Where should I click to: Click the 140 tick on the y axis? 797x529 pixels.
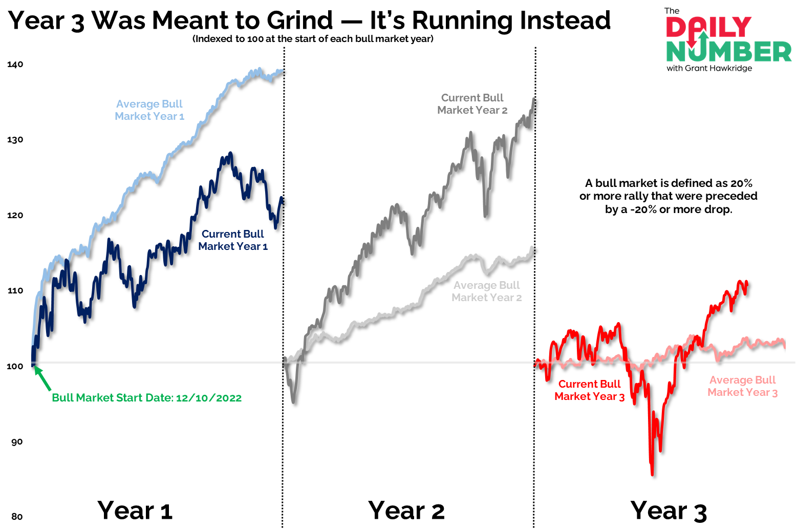tap(15, 65)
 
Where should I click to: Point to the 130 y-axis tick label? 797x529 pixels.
tap(15, 140)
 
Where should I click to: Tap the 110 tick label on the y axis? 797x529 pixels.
tap(15, 291)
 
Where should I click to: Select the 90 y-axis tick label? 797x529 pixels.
tap(17, 442)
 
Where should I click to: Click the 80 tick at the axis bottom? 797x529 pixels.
tap(17, 516)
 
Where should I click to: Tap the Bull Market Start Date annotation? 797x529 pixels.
tap(146, 398)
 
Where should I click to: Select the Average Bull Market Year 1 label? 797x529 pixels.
tap(149, 110)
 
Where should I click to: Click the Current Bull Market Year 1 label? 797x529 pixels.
tap(233, 240)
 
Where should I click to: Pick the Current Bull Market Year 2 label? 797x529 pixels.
tap(472, 104)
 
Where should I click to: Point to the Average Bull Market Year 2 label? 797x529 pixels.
tap(486, 291)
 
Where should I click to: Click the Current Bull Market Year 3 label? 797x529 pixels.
tap(589, 390)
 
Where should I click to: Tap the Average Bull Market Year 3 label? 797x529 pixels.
tap(742, 386)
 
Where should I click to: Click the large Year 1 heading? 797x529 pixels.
tap(135, 511)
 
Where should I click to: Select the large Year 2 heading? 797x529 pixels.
tap(406, 511)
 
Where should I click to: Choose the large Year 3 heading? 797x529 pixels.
tap(669, 511)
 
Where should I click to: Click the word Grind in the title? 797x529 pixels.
tap(300, 20)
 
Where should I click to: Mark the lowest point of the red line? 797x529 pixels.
tap(652, 475)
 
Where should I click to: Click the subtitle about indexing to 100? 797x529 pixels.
tap(313, 39)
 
